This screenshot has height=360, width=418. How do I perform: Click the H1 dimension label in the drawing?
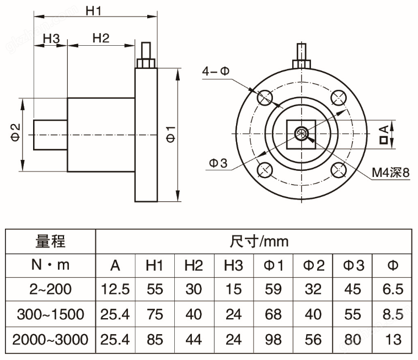tap(95, 10)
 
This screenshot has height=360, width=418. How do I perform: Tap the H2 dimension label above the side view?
tap(100, 38)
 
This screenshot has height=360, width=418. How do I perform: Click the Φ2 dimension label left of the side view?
tap(16, 132)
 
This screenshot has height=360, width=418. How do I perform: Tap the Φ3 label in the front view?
tap(218, 163)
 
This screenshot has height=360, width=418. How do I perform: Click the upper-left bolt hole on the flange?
tap(265, 97)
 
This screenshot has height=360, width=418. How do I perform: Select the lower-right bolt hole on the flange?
tap(339, 169)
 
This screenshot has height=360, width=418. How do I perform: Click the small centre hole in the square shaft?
tap(302, 133)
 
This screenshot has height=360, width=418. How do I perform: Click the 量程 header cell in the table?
tap(50, 241)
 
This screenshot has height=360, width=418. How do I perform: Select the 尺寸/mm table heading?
tap(259, 241)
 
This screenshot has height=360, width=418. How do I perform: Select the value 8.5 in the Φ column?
tap(393, 314)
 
